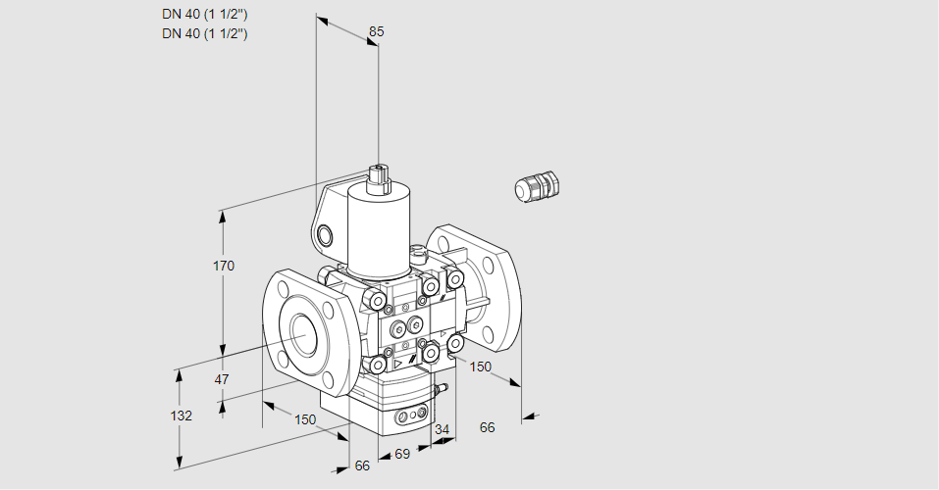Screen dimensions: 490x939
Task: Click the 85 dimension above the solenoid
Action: tap(376, 31)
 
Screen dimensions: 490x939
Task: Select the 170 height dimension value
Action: tap(224, 267)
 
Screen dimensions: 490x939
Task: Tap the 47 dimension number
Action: tap(222, 379)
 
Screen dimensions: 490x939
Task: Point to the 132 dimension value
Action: tap(181, 416)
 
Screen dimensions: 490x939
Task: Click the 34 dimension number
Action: tap(442, 429)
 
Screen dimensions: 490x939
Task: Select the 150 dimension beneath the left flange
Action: tap(305, 419)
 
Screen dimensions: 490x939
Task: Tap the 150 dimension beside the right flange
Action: tap(480, 367)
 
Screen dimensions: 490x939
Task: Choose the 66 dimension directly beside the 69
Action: tap(362, 465)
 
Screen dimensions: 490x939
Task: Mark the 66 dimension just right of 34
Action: tap(487, 427)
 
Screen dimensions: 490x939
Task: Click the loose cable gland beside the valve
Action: tap(536, 186)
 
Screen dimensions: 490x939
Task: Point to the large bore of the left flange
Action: tap(300, 335)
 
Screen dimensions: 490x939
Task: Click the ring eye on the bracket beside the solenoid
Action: tap(325, 234)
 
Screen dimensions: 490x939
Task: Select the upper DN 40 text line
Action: tap(205, 15)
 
